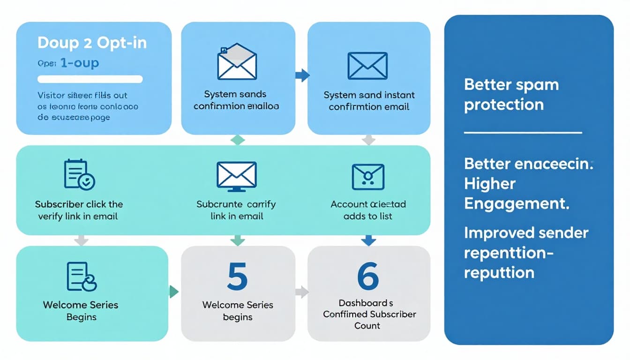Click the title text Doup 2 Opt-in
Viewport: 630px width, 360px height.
tap(92, 43)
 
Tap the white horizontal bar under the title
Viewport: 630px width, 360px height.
tap(90, 79)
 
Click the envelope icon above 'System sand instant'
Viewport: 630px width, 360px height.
tap(367, 66)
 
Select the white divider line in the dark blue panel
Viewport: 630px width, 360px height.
tap(523, 133)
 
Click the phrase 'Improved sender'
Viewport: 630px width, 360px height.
tap(526, 233)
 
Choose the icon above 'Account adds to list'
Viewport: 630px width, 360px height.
tap(368, 177)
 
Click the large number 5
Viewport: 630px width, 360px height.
tap(237, 277)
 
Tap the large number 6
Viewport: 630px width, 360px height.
tap(368, 277)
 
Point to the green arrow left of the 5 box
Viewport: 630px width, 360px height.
tap(174, 292)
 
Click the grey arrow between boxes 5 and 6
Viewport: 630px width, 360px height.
tap(302, 292)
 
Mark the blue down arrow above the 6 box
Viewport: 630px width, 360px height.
tap(368, 240)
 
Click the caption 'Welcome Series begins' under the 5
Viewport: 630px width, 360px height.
tap(238, 311)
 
